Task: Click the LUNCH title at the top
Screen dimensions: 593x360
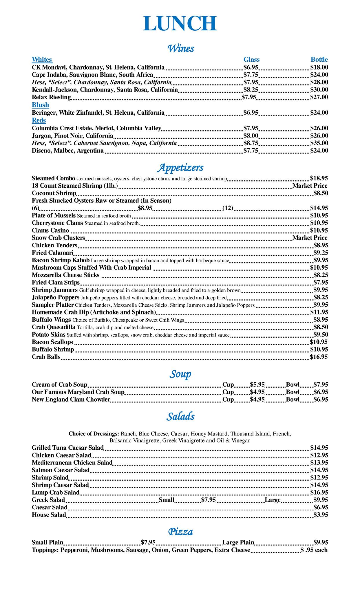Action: tap(180, 23)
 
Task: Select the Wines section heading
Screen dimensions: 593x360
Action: tap(181, 48)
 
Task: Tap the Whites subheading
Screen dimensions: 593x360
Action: tap(42, 60)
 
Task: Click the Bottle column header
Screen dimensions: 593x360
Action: tap(319, 60)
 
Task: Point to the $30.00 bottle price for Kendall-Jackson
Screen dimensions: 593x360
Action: tap(319, 89)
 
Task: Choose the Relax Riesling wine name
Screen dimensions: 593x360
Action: tap(51, 97)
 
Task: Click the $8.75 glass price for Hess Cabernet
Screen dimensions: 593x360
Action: tap(251, 143)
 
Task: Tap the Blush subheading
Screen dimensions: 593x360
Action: tap(40, 105)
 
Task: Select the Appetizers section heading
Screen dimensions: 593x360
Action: tap(180, 167)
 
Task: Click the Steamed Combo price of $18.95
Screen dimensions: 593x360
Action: tap(319, 178)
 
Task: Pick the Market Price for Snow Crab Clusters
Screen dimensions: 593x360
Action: tap(310, 238)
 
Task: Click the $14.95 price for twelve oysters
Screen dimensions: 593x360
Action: tap(319, 208)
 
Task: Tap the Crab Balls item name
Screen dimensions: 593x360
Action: tap(46, 357)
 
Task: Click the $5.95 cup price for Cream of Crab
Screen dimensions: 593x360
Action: tap(257, 385)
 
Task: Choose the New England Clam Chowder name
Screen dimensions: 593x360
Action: tap(71, 400)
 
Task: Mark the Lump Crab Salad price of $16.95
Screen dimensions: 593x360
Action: tap(319, 493)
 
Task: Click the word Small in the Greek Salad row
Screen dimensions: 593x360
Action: tap(167, 500)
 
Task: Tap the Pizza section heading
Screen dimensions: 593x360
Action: tap(180, 532)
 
